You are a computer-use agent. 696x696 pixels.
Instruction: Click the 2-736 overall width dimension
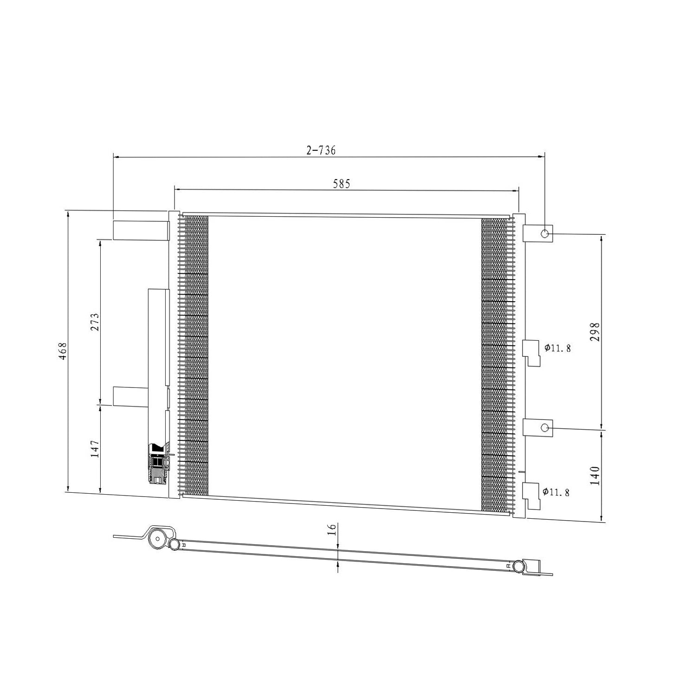(321, 150)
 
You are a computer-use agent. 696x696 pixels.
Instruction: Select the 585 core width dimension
(341, 184)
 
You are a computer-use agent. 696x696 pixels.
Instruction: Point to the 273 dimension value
(95, 322)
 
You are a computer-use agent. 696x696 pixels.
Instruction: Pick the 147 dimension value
(95, 449)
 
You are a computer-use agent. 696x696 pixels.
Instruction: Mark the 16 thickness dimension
(331, 530)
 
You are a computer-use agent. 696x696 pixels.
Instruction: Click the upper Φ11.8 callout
(558, 348)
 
